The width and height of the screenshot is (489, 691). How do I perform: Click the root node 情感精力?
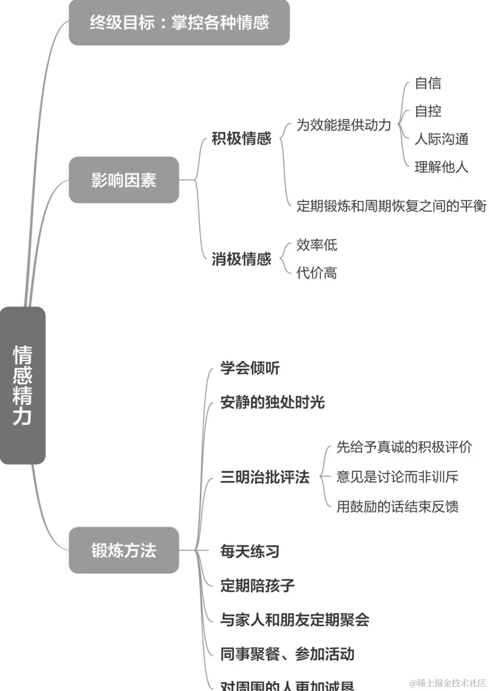(x=23, y=385)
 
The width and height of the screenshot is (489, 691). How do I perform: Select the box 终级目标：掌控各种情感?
(x=179, y=23)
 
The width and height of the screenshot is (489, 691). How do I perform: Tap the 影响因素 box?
(x=124, y=180)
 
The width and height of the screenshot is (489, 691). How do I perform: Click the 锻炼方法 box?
(x=124, y=550)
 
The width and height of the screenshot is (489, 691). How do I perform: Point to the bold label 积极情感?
(x=242, y=139)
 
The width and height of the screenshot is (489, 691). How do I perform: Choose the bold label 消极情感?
(x=242, y=259)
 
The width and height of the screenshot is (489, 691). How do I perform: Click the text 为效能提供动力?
(x=343, y=125)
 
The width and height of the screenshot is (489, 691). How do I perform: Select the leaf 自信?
(x=428, y=83)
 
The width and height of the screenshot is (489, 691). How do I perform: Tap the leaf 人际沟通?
(x=441, y=139)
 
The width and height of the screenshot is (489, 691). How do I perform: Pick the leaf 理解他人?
(x=441, y=167)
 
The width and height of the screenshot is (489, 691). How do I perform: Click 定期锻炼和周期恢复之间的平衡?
(x=391, y=206)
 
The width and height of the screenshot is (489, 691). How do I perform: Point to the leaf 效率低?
(x=317, y=245)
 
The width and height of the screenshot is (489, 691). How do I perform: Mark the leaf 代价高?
(x=317, y=273)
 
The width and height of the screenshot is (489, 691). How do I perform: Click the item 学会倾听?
(x=250, y=368)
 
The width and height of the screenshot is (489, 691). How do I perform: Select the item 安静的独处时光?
(x=272, y=402)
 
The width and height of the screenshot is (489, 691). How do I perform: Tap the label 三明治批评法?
(x=265, y=477)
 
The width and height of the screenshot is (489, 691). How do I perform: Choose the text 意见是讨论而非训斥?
(x=397, y=477)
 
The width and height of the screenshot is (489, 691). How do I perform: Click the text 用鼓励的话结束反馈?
(x=397, y=506)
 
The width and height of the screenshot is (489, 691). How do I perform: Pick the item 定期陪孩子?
(x=257, y=585)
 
